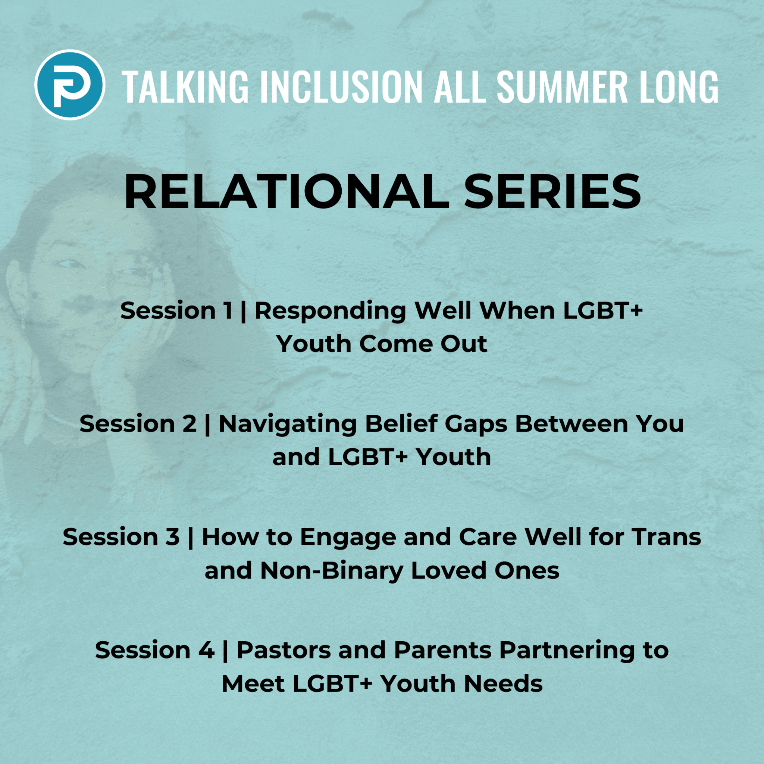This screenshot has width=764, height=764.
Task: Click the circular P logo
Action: pos(70,85)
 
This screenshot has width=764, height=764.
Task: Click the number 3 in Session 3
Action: pos(172,537)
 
